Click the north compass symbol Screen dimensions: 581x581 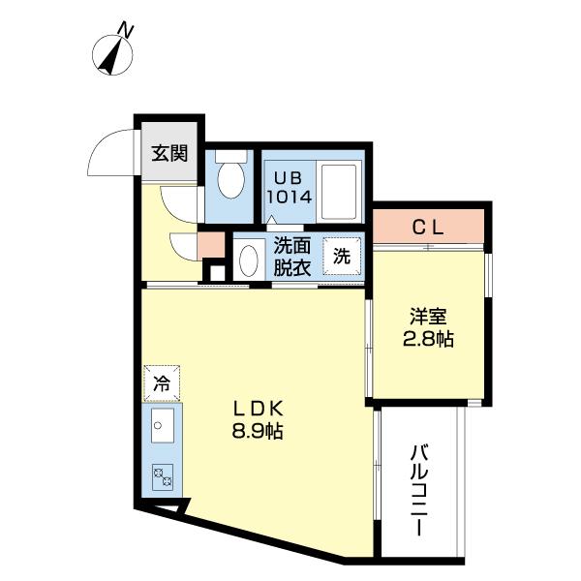115,53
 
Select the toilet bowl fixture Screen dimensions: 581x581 230,179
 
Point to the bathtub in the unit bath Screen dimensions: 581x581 340,191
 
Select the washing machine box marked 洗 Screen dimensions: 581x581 342,257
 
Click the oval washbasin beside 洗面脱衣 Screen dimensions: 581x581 248,260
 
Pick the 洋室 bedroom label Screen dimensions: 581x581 426,317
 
